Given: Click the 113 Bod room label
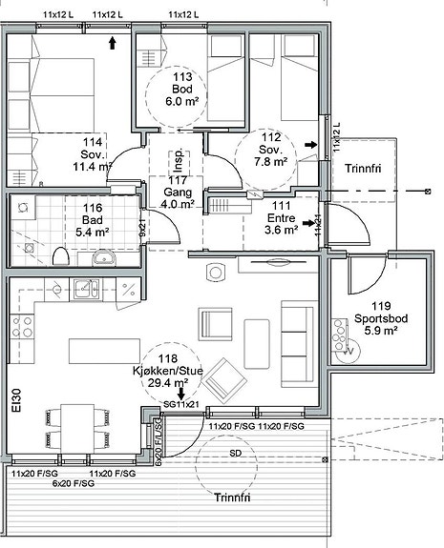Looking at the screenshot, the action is (182, 89).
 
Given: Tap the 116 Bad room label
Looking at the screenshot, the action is (92, 220).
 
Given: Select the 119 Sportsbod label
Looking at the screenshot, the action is (381, 318).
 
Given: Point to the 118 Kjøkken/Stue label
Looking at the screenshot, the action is (168, 371).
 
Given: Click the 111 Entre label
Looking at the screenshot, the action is (281, 217).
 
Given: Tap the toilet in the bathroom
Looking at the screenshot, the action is (60, 255).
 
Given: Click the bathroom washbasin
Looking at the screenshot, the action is (104, 258).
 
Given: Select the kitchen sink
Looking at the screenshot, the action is (86, 290).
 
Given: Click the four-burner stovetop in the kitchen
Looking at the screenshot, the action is (22, 327).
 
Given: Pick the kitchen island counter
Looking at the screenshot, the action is (104, 351).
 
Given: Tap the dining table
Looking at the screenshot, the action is (77, 429).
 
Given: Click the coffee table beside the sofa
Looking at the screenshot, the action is (257, 344).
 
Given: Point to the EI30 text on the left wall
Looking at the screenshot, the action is (16, 400).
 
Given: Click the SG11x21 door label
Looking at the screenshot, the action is (181, 404).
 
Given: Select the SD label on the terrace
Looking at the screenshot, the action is (235, 454).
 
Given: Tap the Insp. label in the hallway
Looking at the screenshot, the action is (179, 161).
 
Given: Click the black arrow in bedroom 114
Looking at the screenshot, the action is (112, 43).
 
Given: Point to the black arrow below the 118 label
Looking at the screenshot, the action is (181, 394).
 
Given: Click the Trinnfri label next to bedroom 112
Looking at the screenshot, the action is (363, 169).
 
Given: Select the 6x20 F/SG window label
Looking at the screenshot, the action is (74, 484).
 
